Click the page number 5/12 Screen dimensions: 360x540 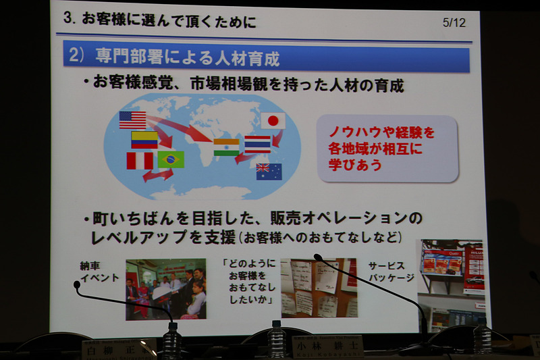coord(454,22)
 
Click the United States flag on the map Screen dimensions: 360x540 coord(132,120)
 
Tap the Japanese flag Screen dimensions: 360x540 coord(273,121)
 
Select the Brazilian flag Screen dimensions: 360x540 coord(171,159)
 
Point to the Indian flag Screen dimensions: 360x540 coord(226,147)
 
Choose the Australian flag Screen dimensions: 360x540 coord(269,172)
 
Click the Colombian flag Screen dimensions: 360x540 coord(144,140)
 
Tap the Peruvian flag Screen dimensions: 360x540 coord(140,161)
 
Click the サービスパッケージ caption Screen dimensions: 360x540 coord(391,272)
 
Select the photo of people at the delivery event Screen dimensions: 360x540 coord(165,288)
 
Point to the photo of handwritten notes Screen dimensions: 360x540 coord(319,287)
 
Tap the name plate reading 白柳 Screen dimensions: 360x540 coord(119,349)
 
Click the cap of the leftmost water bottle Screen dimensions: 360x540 coord(172,326)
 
